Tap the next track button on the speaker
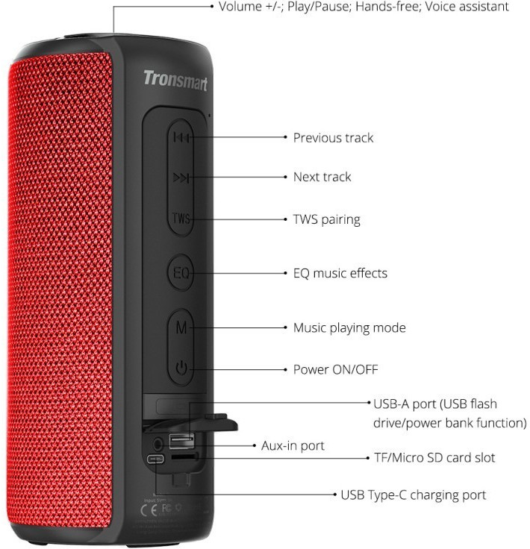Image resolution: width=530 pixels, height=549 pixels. (x=181, y=177)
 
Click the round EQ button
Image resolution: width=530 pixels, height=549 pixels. (x=181, y=273)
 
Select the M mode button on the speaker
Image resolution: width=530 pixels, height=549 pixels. (x=181, y=327)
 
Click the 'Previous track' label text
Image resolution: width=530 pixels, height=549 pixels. (x=333, y=137)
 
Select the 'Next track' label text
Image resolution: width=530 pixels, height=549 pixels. (x=322, y=177)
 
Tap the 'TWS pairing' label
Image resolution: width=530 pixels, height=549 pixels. (x=326, y=219)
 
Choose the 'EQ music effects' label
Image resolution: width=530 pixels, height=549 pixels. (x=340, y=273)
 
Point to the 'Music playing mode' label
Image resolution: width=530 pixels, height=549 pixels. (x=349, y=327)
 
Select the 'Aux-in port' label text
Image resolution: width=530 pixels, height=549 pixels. (x=293, y=445)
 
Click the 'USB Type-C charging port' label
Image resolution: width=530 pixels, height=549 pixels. (x=413, y=495)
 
